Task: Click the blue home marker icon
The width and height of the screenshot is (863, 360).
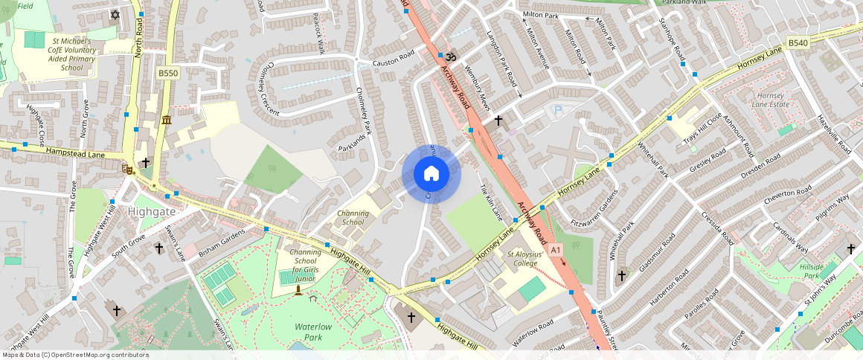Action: (431, 174)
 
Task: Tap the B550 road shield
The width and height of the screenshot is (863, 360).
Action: (168, 73)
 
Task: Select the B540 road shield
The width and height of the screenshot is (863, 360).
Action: (798, 43)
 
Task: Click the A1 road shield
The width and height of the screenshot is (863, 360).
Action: (556, 250)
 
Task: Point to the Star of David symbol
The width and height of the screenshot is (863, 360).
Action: (115, 14)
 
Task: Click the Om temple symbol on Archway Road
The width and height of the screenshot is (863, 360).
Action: (450, 57)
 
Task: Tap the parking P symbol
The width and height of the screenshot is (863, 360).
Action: (558, 111)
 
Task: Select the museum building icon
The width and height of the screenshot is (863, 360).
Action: (166, 120)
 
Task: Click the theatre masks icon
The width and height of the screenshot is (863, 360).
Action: (128, 169)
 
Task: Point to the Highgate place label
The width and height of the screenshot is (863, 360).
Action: (152, 211)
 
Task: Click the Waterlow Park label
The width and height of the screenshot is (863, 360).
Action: (318, 332)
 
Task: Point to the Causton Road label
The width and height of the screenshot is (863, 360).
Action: (393, 58)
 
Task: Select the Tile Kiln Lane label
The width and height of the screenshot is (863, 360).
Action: (491, 202)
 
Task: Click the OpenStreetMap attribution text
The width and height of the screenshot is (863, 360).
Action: (74, 355)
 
